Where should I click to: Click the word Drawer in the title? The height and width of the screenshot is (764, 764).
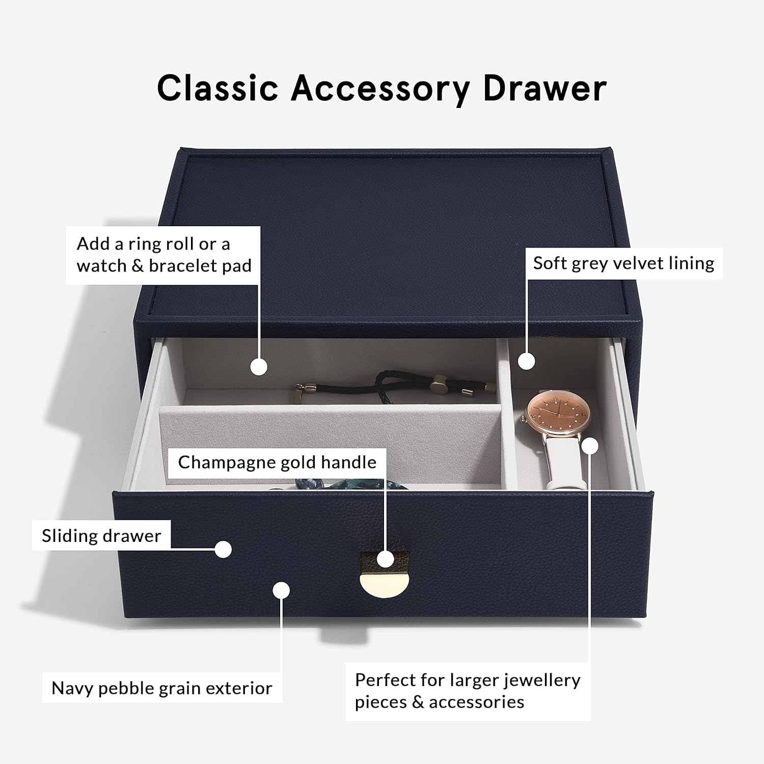point(544,88)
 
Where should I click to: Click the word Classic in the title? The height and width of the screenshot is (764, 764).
point(217,88)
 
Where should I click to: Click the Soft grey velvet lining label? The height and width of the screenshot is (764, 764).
point(623,263)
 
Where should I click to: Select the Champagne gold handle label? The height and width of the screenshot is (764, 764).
point(277,462)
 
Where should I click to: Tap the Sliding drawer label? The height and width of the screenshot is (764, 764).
point(101,536)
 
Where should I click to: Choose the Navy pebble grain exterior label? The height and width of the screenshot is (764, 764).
point(162,688)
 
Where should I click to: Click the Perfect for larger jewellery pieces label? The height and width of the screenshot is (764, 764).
point(468,691)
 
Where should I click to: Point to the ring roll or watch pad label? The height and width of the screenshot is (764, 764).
point(164,255)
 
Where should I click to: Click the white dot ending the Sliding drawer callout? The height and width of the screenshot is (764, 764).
point(223,549)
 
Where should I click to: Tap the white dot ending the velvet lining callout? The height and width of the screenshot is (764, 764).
point(527,361)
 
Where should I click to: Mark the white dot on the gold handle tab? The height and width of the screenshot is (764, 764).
point(386,559)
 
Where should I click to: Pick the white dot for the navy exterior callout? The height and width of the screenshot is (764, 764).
point(281,591)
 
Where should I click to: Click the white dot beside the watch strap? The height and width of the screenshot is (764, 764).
point(590,446)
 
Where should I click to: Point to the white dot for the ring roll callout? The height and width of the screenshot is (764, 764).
point(259,367)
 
